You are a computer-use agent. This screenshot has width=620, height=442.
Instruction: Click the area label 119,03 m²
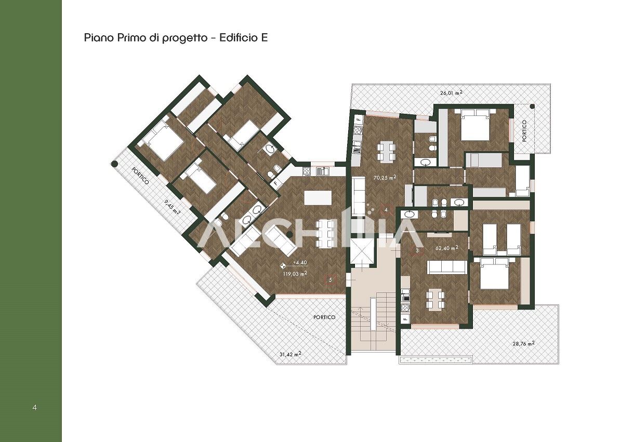pos(295,273)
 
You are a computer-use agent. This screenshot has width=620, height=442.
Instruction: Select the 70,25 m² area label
pos(385,178)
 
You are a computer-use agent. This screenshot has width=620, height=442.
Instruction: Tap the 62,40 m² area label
pos(446,248)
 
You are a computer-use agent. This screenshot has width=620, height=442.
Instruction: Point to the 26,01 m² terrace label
pos(451,93)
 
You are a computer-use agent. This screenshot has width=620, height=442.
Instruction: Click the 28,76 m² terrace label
pos(523,343)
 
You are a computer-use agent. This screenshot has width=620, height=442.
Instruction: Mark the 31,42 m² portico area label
pos(291,354)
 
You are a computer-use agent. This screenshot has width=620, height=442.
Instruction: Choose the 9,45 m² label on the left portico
pos(173,208)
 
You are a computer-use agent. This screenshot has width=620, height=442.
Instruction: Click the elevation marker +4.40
pos(300,262)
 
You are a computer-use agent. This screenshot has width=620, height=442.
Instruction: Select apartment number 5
pos(331,280)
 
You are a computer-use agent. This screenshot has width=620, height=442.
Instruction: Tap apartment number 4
pos(386,209)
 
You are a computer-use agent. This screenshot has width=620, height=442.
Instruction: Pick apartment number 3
pos(417,250)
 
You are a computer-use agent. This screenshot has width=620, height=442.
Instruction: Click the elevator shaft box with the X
pos(362,252)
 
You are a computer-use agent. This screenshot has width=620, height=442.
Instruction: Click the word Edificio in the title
pos(238,38)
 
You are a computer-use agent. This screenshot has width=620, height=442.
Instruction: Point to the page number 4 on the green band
pos(35,407)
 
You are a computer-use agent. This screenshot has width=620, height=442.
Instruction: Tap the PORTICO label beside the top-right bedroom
pos(524,131)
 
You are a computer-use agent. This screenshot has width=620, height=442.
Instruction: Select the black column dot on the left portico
pos(114,164)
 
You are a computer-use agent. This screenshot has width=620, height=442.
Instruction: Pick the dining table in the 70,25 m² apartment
pos(386,152)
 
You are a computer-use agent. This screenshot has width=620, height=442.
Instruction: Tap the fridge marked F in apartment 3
pos(405,318)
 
